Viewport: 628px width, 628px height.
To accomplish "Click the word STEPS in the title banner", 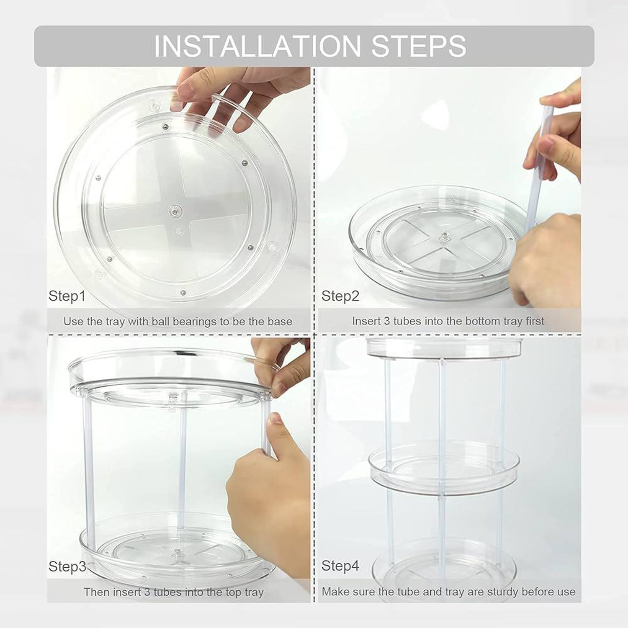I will (418, 46).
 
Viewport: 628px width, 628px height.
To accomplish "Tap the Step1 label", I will (67, 296).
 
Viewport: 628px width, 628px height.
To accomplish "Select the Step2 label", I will (340, 296).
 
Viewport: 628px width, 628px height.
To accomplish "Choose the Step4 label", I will (340, 566).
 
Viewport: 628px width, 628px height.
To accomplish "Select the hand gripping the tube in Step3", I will (268, 481).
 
